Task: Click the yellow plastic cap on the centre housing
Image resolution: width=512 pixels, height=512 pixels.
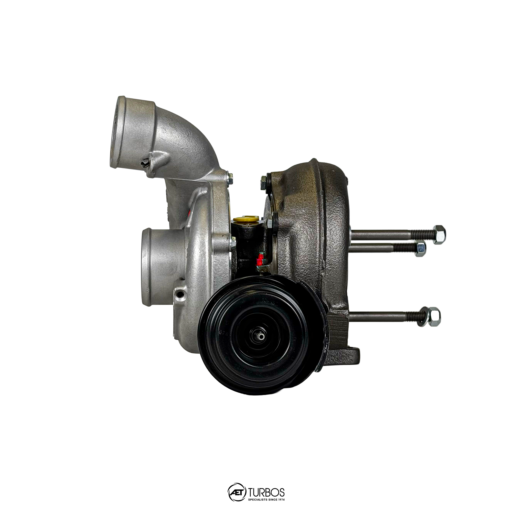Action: (x=246, y=219)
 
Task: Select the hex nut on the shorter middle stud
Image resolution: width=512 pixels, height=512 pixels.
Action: (x=421, y=249)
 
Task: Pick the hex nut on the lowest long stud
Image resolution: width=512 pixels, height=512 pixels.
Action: (x=434, y=317)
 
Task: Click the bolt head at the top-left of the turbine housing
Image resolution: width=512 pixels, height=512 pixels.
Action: (x=263, y=182)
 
